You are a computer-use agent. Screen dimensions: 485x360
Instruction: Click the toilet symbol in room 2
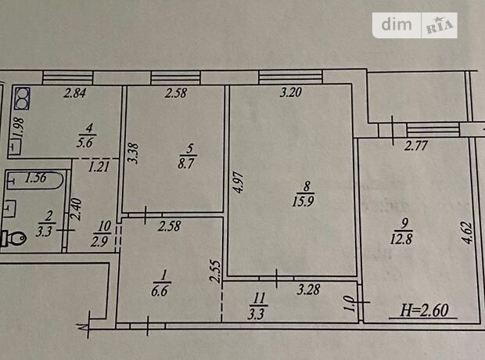[14, 238]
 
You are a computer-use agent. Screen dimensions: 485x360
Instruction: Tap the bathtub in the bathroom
[34, 179]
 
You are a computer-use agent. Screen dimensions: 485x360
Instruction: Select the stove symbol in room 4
[22, 99]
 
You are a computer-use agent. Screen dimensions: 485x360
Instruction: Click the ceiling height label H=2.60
[424, 310]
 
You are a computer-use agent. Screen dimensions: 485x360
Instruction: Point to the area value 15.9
[304, 201]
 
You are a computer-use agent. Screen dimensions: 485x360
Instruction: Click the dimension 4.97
[239, 182]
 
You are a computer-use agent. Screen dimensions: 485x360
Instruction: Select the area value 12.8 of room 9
[401, 239]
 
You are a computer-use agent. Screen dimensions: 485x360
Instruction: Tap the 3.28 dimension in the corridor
[308, 290]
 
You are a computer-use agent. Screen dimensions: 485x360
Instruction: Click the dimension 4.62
[467, 232]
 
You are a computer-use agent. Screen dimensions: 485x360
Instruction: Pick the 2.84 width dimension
[75, 93]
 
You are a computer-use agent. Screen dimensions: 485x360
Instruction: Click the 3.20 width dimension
[291, 92]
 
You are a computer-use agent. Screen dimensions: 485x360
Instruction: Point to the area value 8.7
[185, 163]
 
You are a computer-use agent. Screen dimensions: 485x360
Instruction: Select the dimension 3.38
[134, 153]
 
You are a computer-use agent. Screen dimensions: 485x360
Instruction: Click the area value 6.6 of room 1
[160, 291]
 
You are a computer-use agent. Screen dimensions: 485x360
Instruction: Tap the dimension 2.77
[416, 146]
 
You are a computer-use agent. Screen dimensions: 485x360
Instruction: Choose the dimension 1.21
[99, 167]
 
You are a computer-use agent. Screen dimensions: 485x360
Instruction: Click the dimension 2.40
[77, 209]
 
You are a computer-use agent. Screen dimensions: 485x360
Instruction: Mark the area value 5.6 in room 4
[85, 142]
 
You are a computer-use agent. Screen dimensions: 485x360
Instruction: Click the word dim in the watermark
[397, 24]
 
